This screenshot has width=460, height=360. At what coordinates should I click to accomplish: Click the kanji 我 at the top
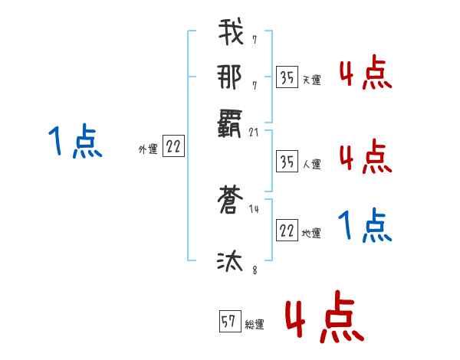(x=231, y=35)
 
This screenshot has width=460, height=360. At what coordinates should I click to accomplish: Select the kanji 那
(x=231, y=78)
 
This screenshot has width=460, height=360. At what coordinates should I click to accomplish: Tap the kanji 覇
(x=231, y=123)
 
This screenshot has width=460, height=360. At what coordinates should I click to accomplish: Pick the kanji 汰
(x=231, y=262)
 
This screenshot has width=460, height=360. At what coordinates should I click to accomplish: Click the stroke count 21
(x=255, y=133)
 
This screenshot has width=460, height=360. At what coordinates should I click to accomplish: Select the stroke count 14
(x=255, y=209)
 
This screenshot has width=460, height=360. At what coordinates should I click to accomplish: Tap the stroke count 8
(x=254, y=269)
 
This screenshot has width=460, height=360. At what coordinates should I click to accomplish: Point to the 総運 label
(x=255, y=325)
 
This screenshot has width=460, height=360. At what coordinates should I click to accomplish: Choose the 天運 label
(x=311, y=80)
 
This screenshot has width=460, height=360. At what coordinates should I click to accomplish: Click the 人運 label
(x=311, y=164)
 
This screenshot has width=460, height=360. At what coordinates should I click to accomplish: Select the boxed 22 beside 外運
(x=173, y=148)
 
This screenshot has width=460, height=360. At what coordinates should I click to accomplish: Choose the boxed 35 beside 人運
(x=287, y=162)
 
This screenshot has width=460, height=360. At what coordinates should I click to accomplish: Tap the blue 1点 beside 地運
(x=365, y=225)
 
